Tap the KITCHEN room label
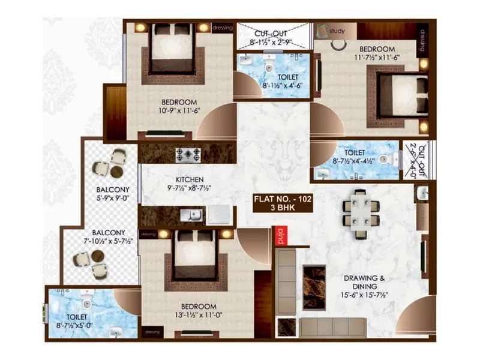tap(190, 179)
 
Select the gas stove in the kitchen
tap(188, 154)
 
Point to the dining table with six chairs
tap(361, 213)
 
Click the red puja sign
tap(280, 236)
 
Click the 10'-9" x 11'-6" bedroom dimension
tap(162, 111)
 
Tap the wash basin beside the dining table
tap(422, 194)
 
